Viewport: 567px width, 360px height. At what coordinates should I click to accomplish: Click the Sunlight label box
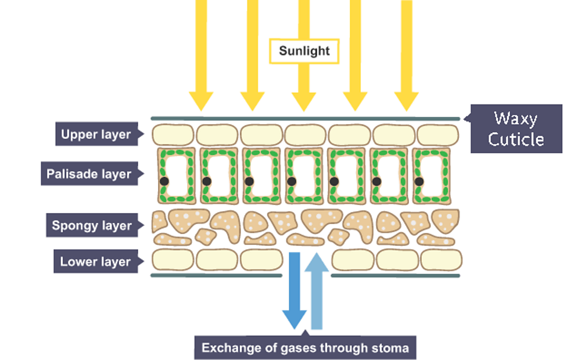[x=304, y=51]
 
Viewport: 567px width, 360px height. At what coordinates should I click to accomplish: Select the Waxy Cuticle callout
[x=516, y=128]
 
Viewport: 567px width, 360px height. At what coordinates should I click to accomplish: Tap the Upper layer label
[x=96, y=135]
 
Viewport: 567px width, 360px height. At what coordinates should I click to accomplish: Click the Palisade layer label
[x=89, y=174]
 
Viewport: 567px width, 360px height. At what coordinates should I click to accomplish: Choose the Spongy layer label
[x=92, y=225]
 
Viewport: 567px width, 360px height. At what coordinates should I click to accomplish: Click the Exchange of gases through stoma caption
[x=305, y=348]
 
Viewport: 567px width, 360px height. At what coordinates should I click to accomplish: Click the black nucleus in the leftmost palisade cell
[x=164, y=181]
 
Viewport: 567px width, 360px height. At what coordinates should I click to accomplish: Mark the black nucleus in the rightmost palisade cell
[x=419, y=181]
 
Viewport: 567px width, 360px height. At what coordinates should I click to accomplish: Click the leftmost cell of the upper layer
[x=173, y=135]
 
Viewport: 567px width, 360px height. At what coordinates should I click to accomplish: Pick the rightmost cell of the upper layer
[x=437, y=135]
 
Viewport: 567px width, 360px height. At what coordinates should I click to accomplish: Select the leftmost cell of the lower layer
[x=173, y=260]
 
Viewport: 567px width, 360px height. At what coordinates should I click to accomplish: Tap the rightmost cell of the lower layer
[x=441, y=260]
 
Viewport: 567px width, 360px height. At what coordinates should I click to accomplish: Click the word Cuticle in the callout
[x=516, y=139]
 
